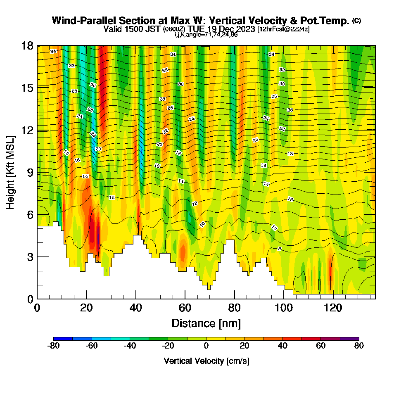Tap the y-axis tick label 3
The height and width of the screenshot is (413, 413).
(x=29, y=257)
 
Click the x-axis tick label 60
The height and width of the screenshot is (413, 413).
(x=185, y=308)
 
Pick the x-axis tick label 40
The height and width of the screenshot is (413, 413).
(x=135, y=308)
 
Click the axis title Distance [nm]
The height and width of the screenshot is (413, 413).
(x=206, y=323)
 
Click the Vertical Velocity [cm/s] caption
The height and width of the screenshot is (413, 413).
(x=206, y=361)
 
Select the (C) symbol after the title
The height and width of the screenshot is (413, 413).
(x=356, y=21)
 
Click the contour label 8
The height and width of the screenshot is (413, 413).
(x=280, y=249)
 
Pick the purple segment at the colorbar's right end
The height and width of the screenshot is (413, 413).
(x=349, y=339)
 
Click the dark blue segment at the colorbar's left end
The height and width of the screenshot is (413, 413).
(x=63, y=339)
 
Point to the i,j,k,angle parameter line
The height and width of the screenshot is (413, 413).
(x=206, y=35)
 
